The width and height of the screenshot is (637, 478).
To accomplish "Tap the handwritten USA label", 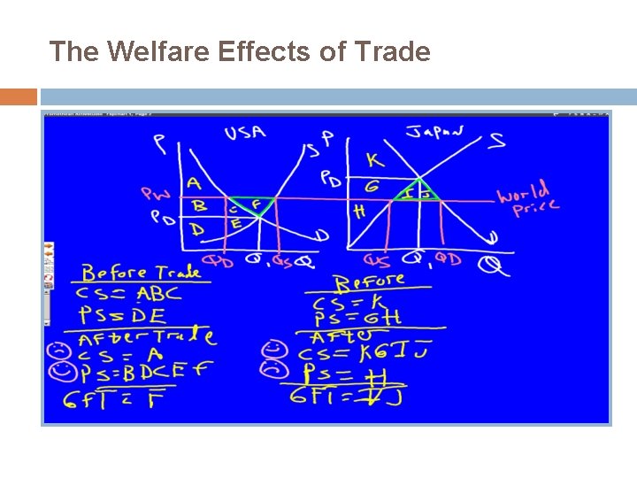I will click(x=244, y=133).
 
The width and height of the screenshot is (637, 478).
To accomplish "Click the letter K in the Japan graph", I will click(x=375, y=159).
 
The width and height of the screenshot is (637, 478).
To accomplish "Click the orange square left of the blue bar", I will click(x=19, y=96).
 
